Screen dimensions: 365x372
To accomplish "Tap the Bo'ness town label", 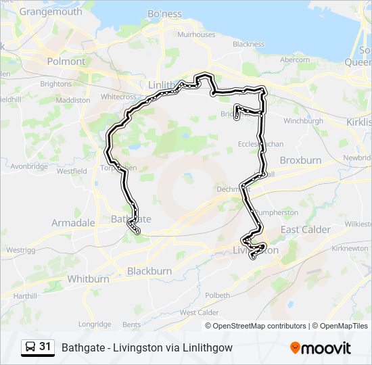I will (164, 14).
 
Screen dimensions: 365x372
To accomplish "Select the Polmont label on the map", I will (66, 61).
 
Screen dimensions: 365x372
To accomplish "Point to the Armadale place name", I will (73, 222).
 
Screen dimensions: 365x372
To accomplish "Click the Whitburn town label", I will (88, 278).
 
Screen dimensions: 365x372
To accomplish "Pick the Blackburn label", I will (149, 271).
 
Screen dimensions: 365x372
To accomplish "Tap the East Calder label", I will (306, 230).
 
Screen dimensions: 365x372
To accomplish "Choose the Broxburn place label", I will (300, 161).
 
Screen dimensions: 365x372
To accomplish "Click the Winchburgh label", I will (303, 121).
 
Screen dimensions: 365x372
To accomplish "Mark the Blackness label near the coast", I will (248, 44).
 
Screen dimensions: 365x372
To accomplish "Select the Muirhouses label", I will (197, 34).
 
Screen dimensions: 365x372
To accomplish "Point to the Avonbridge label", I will (29, 166).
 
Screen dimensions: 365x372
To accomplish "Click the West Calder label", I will (199, 312).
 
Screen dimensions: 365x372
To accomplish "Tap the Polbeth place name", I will (217, 295).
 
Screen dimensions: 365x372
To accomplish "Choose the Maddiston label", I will (73, 100).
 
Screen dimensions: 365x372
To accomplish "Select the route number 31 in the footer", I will (45, 347).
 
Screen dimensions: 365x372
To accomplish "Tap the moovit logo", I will (321, 348).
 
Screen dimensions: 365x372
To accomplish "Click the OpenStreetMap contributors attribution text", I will (259, 326).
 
